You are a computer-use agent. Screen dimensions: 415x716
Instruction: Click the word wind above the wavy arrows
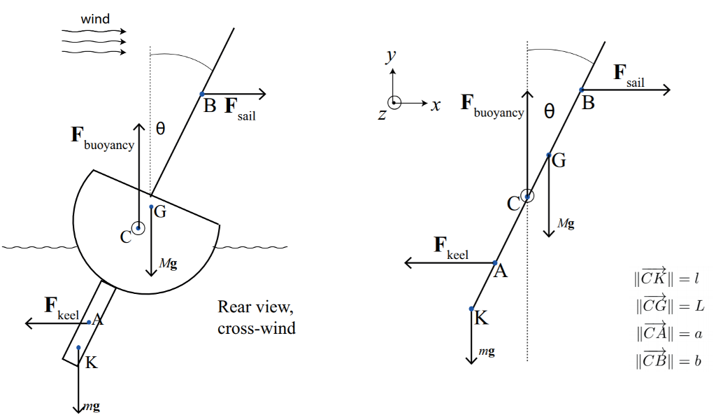95,19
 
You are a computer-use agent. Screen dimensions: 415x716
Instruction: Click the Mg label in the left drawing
167,263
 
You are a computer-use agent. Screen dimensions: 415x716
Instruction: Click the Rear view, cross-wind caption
257,317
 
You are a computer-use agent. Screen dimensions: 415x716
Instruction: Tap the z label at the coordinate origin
382,114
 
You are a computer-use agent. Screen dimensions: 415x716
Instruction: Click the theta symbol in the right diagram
549,111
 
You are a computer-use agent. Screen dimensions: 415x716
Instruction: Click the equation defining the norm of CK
666,279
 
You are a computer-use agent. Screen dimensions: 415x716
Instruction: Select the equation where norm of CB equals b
666,362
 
